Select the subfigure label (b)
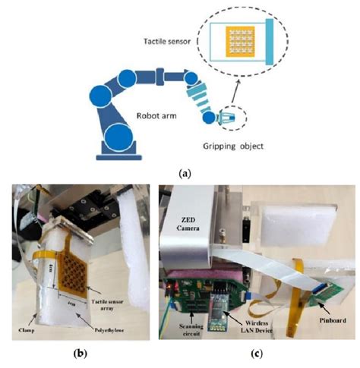pyautogui.click(x=85, y=355)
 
